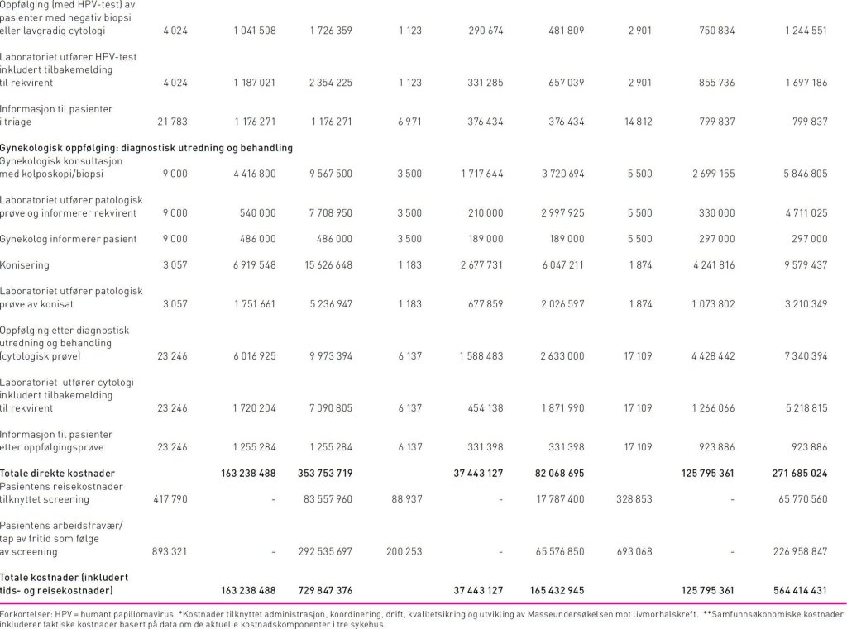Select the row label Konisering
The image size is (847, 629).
coord(24,265)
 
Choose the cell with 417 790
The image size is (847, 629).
coord(172,499)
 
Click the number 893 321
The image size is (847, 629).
coord(172,551)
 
